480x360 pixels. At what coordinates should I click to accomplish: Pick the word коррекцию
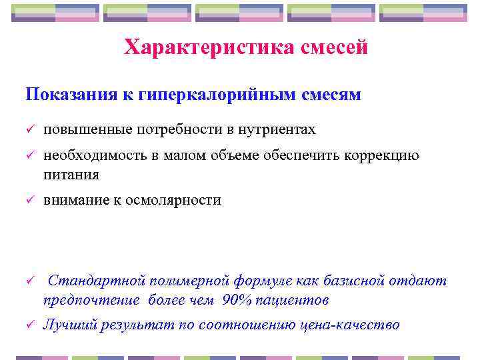tap(380, 157)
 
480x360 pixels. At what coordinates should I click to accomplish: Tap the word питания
tap(71, 175)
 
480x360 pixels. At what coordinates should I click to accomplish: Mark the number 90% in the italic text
tap(236, 300)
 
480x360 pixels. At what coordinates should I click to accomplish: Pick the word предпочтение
tap(91, 300)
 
